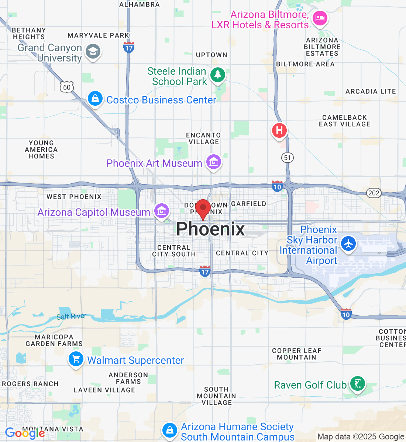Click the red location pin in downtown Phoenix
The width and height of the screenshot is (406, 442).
203,208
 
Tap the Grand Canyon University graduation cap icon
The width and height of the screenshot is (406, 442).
93,52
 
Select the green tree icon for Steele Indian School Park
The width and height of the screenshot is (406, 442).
218,75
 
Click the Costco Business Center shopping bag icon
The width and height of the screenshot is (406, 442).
95,99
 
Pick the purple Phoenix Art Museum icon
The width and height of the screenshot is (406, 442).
214,162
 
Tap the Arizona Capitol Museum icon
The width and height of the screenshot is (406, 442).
161,211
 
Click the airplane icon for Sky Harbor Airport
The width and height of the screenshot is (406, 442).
348,243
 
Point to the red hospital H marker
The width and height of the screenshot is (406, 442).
279,130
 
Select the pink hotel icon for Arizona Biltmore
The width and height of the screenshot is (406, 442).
320,18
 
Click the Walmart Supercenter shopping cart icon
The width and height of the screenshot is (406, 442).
76,359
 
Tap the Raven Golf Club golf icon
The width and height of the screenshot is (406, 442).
357,384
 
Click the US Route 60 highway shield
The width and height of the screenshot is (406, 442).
66,87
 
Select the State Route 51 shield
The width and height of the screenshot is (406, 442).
288,158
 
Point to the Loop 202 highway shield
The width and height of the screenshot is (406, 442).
374,193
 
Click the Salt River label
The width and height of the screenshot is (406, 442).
71,316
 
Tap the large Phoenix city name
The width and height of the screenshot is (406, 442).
210,229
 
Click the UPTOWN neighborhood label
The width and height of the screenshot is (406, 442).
211,55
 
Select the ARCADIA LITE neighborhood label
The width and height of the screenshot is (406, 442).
371,91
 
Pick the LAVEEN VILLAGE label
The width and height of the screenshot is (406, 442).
104,390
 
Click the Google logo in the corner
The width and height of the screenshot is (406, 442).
25,433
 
